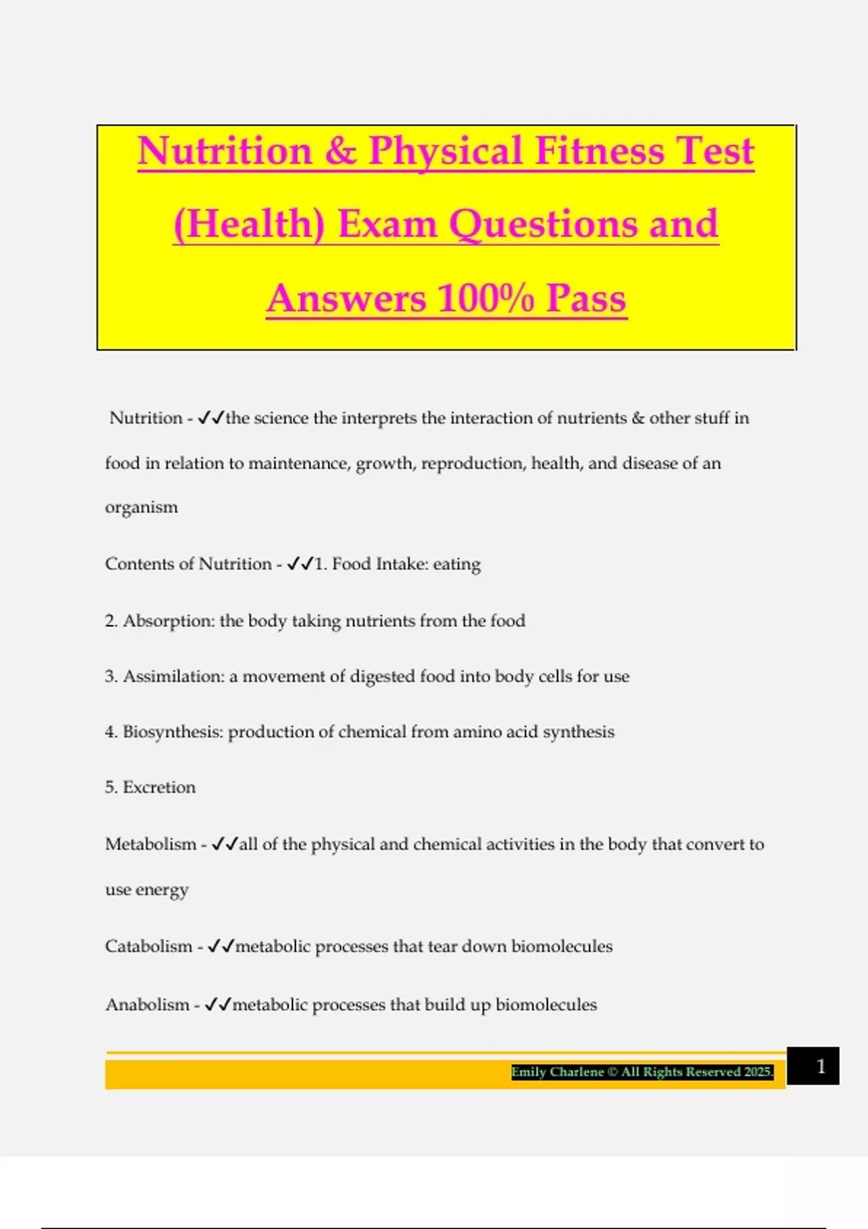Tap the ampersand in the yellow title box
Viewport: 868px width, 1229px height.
341,151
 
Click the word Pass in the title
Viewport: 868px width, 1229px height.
586,298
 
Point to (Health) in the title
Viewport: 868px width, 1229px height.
249,224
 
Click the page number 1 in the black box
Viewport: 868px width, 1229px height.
820,1066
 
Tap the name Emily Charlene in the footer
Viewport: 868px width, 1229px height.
557,1071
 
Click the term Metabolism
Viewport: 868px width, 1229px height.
150,844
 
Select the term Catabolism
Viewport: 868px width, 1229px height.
148,946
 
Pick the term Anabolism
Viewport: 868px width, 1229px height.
148,1005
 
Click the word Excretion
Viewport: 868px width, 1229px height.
159,787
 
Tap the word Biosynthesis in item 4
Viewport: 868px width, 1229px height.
172,732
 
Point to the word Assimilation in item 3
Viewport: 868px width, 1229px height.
174,677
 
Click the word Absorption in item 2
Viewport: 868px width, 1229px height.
169,621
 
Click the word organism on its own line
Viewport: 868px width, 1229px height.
141,508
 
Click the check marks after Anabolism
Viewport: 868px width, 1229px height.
217,1005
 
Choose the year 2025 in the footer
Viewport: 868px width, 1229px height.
758,1071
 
